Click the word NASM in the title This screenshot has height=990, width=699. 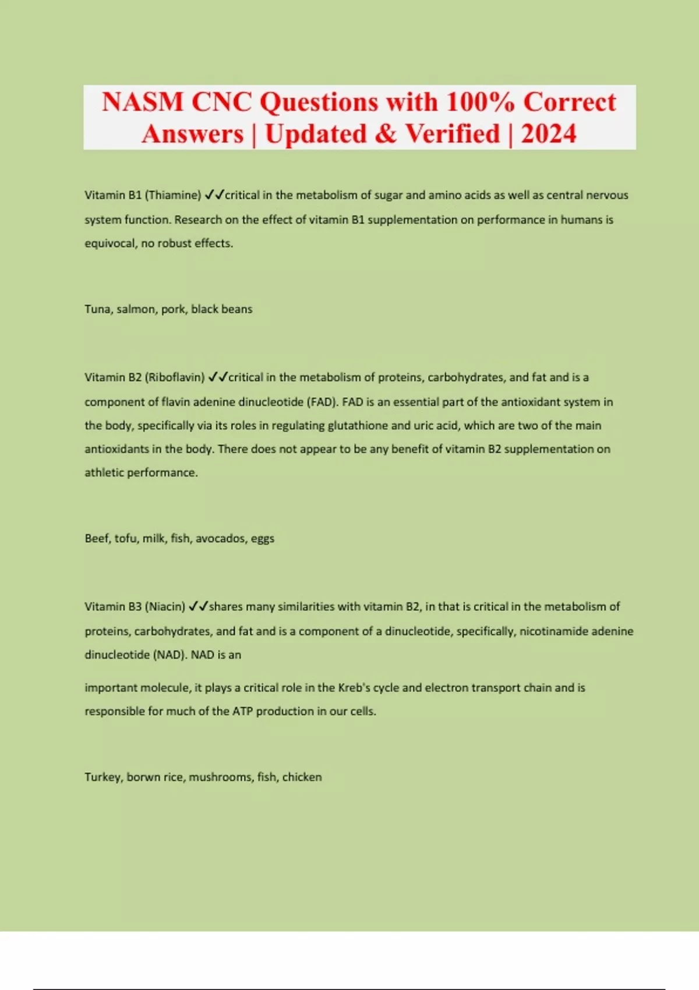(142, 102)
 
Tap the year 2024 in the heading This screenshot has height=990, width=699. (548, 134)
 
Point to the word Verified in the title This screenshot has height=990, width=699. (453, 134)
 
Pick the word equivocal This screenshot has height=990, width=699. (109, 243)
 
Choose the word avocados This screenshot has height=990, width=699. (221, 539)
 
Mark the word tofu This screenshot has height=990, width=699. (126, 539)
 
